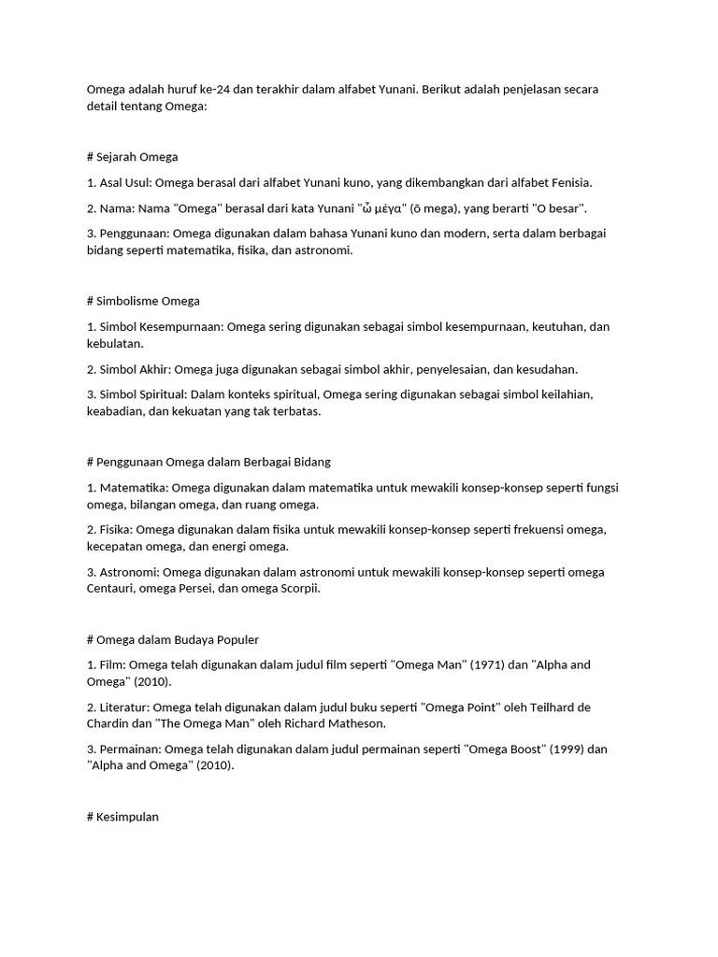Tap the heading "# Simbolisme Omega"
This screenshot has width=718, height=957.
[143, 301]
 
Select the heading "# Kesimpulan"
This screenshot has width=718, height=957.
[122, 817]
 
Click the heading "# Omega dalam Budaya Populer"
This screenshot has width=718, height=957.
[172, 639]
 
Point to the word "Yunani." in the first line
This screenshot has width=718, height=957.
[396, 90]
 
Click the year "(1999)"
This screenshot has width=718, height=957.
[568, 750]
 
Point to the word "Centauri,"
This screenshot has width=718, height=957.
[113, 589]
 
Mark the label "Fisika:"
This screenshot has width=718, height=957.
[118, 530]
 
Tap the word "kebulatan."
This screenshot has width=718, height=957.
[118, 343]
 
